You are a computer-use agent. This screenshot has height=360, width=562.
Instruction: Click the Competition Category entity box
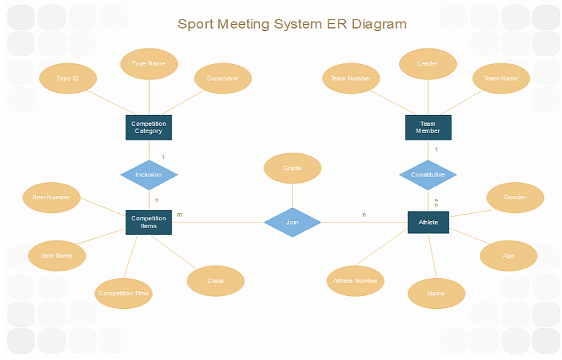pos(148,127)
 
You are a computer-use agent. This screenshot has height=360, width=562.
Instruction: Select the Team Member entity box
pos(428,127)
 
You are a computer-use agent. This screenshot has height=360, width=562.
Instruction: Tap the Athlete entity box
pos(428,222)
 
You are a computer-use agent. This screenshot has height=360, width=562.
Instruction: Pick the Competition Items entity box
pos(148,222)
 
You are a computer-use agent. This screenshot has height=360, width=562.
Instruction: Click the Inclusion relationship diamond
pos(148,174)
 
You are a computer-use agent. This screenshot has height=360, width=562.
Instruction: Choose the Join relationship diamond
pos(292,222)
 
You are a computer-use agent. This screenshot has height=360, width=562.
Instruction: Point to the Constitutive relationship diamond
pos(428,174)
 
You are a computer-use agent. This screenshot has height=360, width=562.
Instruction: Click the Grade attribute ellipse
pos(292,168)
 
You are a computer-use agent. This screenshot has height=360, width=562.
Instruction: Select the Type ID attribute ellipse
pos(68,78)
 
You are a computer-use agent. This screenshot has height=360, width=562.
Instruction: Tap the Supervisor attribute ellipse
pos(223,78)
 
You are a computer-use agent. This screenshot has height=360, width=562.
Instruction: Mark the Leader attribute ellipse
pos(428,63)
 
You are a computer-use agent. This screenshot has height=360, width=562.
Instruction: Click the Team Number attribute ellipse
pos(351,78)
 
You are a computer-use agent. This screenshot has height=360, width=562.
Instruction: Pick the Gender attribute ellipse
pos(514,197)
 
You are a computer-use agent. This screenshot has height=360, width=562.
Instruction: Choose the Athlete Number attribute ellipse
pos(355,281)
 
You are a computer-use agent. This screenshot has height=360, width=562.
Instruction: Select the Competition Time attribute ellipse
pos(124,293)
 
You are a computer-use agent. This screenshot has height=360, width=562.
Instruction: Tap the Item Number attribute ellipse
pos(52,197)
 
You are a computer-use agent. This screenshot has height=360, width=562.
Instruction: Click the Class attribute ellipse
pos(215,281)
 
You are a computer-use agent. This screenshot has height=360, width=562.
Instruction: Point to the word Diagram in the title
pos(380,24)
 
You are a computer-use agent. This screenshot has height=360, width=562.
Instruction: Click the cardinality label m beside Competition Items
pos(179,215)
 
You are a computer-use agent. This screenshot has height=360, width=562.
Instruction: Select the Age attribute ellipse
pos(509,256)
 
